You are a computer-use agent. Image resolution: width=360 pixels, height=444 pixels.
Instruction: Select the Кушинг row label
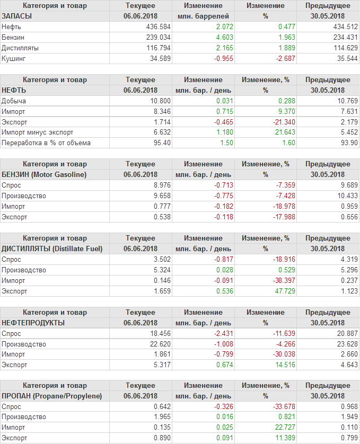click(x=14, y=58)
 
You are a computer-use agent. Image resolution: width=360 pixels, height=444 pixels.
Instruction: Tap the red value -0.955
click(x=223, y=58)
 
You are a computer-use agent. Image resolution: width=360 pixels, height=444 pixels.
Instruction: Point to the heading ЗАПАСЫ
click(x=17, y=16)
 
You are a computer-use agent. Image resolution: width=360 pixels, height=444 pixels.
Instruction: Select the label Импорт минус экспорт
click(x=37, y=132)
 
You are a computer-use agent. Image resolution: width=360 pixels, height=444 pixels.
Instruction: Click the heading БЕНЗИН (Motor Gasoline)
click(x=44, y=174)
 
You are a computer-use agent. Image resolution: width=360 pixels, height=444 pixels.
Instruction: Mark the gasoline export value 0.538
click(x=162, y=217)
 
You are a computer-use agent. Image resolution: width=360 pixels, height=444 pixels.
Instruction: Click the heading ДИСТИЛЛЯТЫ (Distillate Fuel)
click(x=52, y=248)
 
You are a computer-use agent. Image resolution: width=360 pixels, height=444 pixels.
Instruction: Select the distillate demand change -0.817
click(x=222, y=259)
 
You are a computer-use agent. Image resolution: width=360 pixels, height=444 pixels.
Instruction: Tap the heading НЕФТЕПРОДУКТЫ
click(x=33, y=322)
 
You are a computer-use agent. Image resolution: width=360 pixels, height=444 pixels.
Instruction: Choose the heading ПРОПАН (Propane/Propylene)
click(x=51, y=396)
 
